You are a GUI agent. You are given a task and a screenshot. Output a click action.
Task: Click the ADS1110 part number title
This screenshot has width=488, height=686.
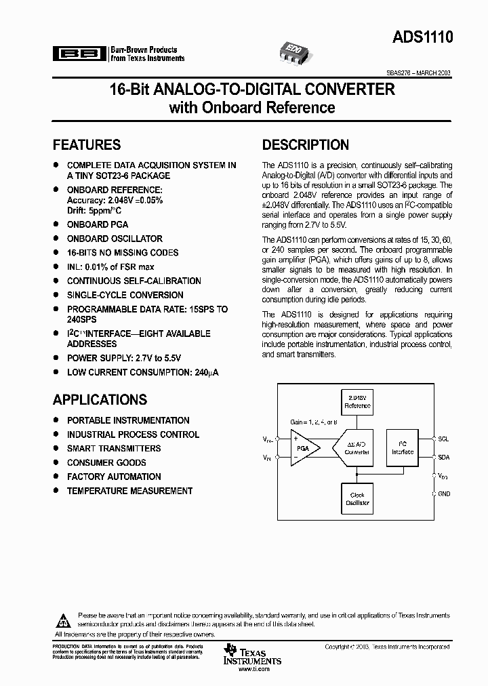421,39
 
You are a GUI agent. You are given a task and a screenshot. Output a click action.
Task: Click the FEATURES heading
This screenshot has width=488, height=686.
87,144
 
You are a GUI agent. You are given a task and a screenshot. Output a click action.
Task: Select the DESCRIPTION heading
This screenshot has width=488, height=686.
306,144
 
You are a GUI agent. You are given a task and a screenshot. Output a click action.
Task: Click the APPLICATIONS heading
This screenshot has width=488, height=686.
100,400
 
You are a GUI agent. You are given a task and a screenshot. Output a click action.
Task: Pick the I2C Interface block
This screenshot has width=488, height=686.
403,447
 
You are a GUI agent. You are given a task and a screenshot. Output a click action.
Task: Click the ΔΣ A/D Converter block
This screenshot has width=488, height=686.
357,448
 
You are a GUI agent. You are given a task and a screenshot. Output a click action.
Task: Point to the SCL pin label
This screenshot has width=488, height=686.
443,439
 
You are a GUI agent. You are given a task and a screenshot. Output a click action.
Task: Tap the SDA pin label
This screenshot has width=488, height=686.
443,458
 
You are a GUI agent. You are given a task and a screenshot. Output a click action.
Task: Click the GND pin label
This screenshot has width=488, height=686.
444,493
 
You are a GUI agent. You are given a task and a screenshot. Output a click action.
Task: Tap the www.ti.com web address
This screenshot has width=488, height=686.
251,668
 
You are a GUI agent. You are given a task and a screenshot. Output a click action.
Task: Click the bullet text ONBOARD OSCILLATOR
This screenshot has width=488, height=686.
115,239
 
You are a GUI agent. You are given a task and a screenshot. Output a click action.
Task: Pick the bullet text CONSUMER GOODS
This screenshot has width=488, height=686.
106,462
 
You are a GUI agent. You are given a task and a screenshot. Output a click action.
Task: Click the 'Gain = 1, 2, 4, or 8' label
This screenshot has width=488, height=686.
314,422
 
